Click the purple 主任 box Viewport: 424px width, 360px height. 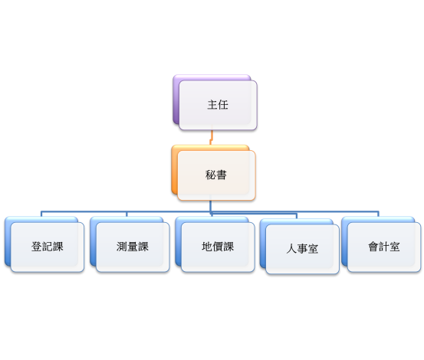[217, 105]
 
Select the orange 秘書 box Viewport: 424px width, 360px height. [215, 175]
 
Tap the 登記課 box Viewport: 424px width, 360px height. [47, 247]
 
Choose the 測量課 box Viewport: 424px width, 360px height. [132, 247]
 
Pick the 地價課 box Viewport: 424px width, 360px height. [217, 247]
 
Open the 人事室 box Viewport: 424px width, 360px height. [302, 249]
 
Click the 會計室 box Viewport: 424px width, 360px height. [383, 247]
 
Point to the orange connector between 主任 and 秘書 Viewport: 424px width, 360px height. [211, 137]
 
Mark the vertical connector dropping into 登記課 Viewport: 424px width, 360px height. [41, 214]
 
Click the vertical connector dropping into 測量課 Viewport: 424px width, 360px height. [126, 214]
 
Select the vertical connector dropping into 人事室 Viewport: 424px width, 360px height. [296, 216]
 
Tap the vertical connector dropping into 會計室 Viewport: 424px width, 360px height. [378, 214]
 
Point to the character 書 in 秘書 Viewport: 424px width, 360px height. [222, 175]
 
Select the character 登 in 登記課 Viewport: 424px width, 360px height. [36, 247]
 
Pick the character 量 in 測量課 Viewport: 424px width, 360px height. [132, 247]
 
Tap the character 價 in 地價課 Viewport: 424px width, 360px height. [217, 247]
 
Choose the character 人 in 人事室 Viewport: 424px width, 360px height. [291, 249]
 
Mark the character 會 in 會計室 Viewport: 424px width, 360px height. [373, 247]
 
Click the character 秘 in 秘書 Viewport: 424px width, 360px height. [211, 175]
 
